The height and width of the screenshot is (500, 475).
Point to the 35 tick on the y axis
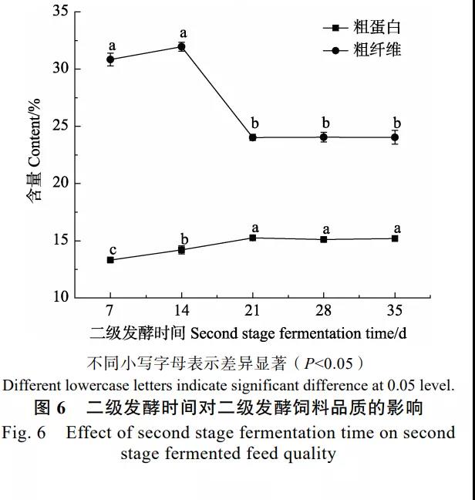pos(61,12)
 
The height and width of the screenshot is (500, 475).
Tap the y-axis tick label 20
pos(61,183)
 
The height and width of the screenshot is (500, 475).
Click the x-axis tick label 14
pos(181,310)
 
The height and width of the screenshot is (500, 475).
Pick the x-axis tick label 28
pos(324,310)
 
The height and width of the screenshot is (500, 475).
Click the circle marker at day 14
pos(181,46)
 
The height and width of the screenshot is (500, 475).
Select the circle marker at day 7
pos(110,59)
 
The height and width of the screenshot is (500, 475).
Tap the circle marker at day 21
pos(253,137)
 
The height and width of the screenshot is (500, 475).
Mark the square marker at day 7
pos(110,260)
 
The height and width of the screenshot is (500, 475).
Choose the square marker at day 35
pos(395,238)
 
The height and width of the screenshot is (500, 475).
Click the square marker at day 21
pos(253,238)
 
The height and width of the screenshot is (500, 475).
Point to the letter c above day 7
pos(113,249)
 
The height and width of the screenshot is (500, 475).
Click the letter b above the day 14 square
pos(184,238)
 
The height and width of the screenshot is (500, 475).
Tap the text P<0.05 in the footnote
pos(322,363)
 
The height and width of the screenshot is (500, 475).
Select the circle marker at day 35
pos(395,137)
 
